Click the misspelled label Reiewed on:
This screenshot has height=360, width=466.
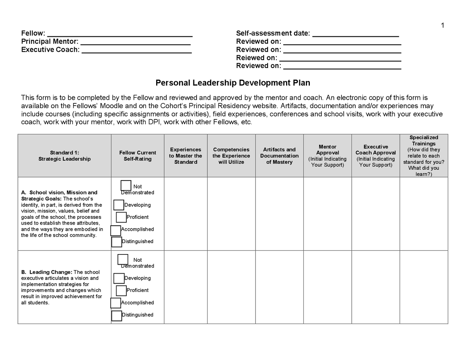tap(256, 58)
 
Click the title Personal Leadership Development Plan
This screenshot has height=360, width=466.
tap(233, 83)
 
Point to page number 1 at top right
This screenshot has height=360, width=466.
tap(442, 25)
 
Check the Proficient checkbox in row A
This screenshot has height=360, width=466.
tap(121, 217)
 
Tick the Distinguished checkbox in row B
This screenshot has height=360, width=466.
tap(116, 316)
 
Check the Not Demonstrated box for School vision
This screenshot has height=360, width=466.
tap(126, 186)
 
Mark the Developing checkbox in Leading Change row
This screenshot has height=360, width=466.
tap(119, 278)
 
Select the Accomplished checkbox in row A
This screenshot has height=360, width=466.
tap(115, 230)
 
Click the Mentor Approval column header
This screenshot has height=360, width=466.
tap(327, 156)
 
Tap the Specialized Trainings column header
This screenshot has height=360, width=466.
tap(423, 156)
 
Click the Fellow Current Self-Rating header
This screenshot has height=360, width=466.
tap(137, 156)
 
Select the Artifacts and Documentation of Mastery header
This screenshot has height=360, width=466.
tap(279, 156)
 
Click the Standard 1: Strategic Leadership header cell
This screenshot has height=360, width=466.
tap(64, 156)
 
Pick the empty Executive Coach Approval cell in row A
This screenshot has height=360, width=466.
tap(375, 214)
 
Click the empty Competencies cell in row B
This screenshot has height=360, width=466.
tap(231, 287)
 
